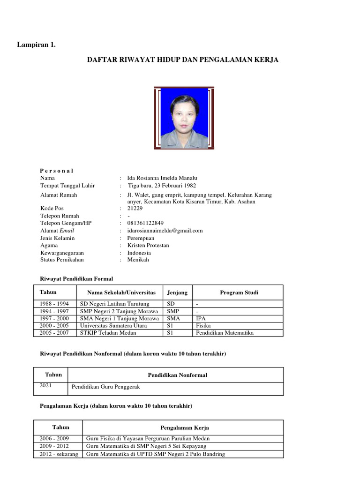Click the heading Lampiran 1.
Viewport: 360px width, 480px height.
coord(37,45)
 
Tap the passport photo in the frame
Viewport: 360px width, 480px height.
coord(184,118)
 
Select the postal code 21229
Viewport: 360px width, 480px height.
coord(135,208)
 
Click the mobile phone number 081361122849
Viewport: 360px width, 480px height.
coord(146,223)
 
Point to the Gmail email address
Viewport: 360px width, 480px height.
coord(165,231)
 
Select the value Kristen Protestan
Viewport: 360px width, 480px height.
coord(148,245)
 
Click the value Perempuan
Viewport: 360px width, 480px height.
coord(141,238)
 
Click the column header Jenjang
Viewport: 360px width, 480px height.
coord(177,292)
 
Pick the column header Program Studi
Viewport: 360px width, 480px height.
coord(239,292)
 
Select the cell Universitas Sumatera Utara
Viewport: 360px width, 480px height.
coord(113,325)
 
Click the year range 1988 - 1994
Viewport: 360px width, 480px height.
coord(54,304)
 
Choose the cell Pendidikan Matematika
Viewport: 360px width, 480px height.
coord(225,333)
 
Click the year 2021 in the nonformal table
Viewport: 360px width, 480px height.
coord(46,385)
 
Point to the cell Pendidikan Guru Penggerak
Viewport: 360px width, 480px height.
coord(105,387)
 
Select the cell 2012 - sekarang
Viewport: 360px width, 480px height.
coord(59,454)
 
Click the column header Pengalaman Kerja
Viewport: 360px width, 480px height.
coord(185,427)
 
